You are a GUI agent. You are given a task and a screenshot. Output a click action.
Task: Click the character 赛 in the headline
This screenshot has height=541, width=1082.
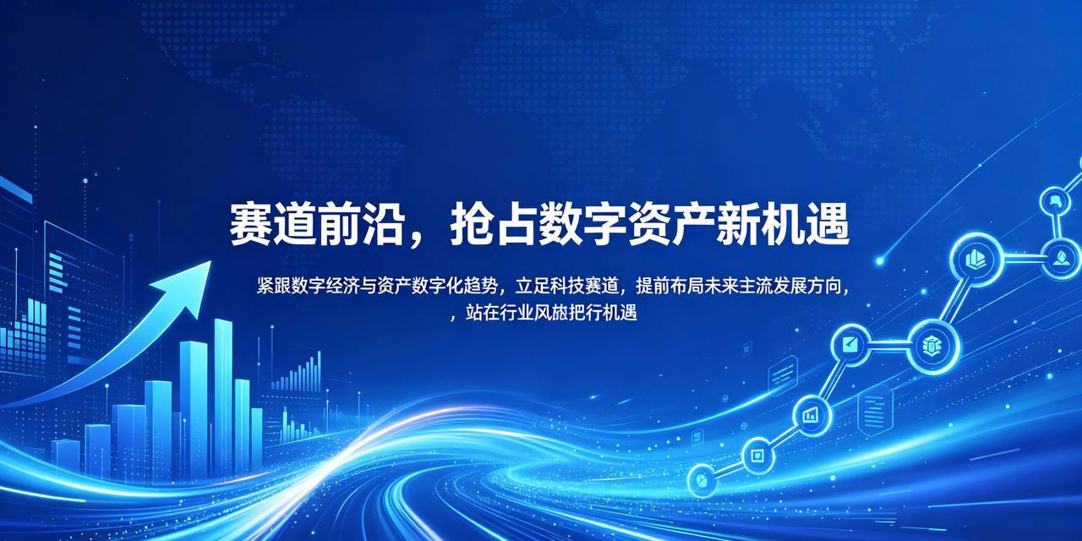coord(249,225)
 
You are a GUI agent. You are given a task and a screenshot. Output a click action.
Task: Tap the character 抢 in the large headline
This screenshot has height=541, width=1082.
coord(471,225)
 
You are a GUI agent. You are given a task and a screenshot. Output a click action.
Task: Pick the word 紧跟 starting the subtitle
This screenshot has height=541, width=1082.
coord(273,286)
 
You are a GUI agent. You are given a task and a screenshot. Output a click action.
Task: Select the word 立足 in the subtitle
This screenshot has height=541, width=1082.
coord(533,286)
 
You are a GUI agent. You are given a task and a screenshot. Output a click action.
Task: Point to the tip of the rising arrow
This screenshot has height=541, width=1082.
coord(211,261)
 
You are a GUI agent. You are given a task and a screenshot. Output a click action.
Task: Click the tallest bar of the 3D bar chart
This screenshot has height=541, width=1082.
coord(223,397)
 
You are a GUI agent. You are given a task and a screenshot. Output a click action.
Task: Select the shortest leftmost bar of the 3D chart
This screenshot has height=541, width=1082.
coord(65,458)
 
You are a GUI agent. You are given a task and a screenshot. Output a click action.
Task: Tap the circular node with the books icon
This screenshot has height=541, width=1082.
coord(976,260)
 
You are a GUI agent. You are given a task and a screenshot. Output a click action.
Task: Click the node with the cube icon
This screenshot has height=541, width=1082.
coord(932,347)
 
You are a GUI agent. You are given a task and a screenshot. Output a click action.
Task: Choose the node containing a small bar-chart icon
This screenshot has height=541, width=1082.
coord(811,415)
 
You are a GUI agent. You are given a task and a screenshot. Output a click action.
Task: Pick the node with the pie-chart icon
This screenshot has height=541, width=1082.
coord(702,480)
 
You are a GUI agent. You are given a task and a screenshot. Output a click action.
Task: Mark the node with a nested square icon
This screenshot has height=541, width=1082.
coord(757,455)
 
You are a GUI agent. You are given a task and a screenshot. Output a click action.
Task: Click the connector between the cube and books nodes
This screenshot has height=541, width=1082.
coord(955,303)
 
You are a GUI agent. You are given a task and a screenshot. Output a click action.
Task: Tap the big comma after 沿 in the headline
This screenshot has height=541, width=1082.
coord(418,238)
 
